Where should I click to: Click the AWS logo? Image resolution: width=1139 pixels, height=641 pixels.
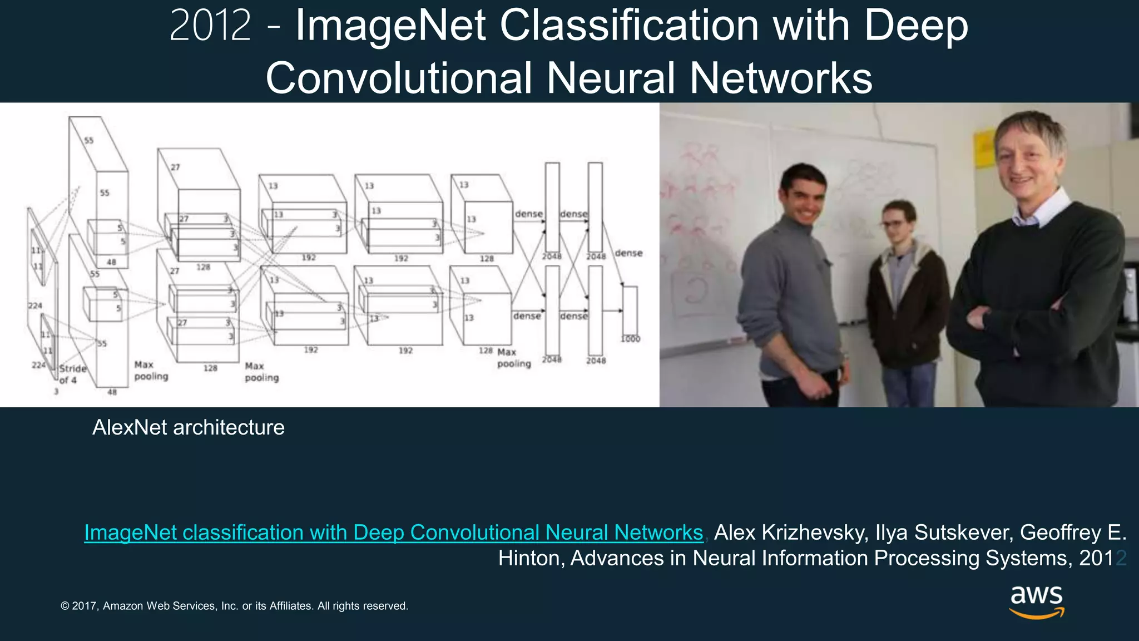1037,601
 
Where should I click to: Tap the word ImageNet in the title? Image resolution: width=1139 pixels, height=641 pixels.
390,26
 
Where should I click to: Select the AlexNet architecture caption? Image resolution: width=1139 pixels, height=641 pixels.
188,427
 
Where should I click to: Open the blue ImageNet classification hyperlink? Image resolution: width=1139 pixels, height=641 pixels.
393,532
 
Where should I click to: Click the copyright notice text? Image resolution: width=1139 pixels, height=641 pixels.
234,606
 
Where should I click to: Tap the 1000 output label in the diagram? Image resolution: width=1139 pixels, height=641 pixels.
630,339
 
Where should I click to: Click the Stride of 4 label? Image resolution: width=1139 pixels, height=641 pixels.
72,374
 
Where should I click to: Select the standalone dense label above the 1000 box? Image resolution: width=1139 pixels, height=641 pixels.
628,253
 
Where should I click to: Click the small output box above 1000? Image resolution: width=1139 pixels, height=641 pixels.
630,310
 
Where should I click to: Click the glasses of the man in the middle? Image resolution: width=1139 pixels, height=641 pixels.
896,224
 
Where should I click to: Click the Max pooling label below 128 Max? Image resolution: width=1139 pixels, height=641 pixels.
513,358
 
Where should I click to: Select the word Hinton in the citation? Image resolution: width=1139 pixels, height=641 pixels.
531,558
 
